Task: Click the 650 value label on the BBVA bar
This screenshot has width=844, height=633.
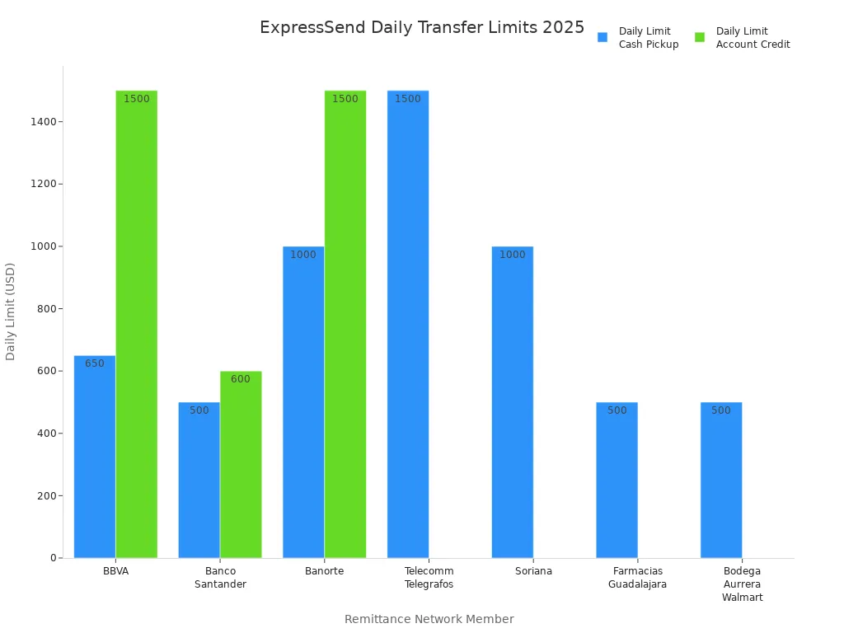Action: click(x=95, y=363)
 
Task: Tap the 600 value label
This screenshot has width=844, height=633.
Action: click(x=241, y=379)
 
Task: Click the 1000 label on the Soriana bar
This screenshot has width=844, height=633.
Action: click(x=512, y=255)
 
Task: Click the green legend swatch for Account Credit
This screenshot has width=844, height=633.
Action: click(x=700, y=37)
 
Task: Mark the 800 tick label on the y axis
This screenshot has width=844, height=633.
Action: click(x=45, y=309)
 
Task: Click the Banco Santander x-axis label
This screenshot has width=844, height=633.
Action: click(x=220, y=578)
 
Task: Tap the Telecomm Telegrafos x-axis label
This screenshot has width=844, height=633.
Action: click(x=429, y=578)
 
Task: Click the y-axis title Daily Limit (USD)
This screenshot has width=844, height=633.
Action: click(x=11, y=312)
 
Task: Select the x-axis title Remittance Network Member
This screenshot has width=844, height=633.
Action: click(x=429, y=619)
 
